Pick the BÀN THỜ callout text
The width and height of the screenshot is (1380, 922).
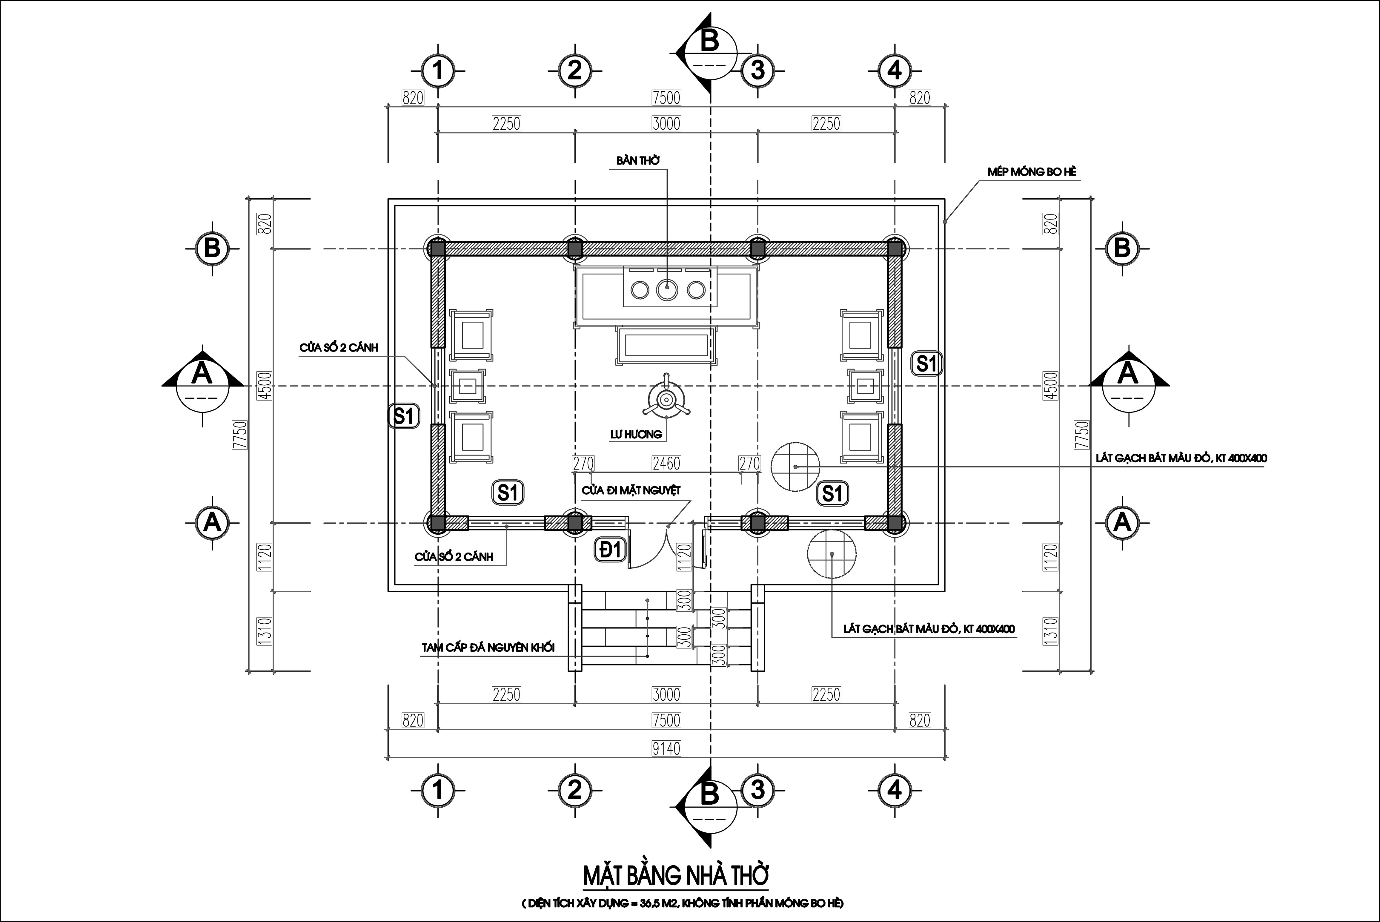click(638, 160)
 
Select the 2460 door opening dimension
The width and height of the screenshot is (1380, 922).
click(666, 463)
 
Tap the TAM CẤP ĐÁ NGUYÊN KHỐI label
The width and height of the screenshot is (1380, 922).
click(488, 648)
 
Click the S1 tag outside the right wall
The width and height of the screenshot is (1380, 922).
click(926, 364)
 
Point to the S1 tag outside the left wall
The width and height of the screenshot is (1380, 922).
click(404, 416)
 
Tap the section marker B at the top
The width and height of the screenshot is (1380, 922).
click(708, 53)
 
